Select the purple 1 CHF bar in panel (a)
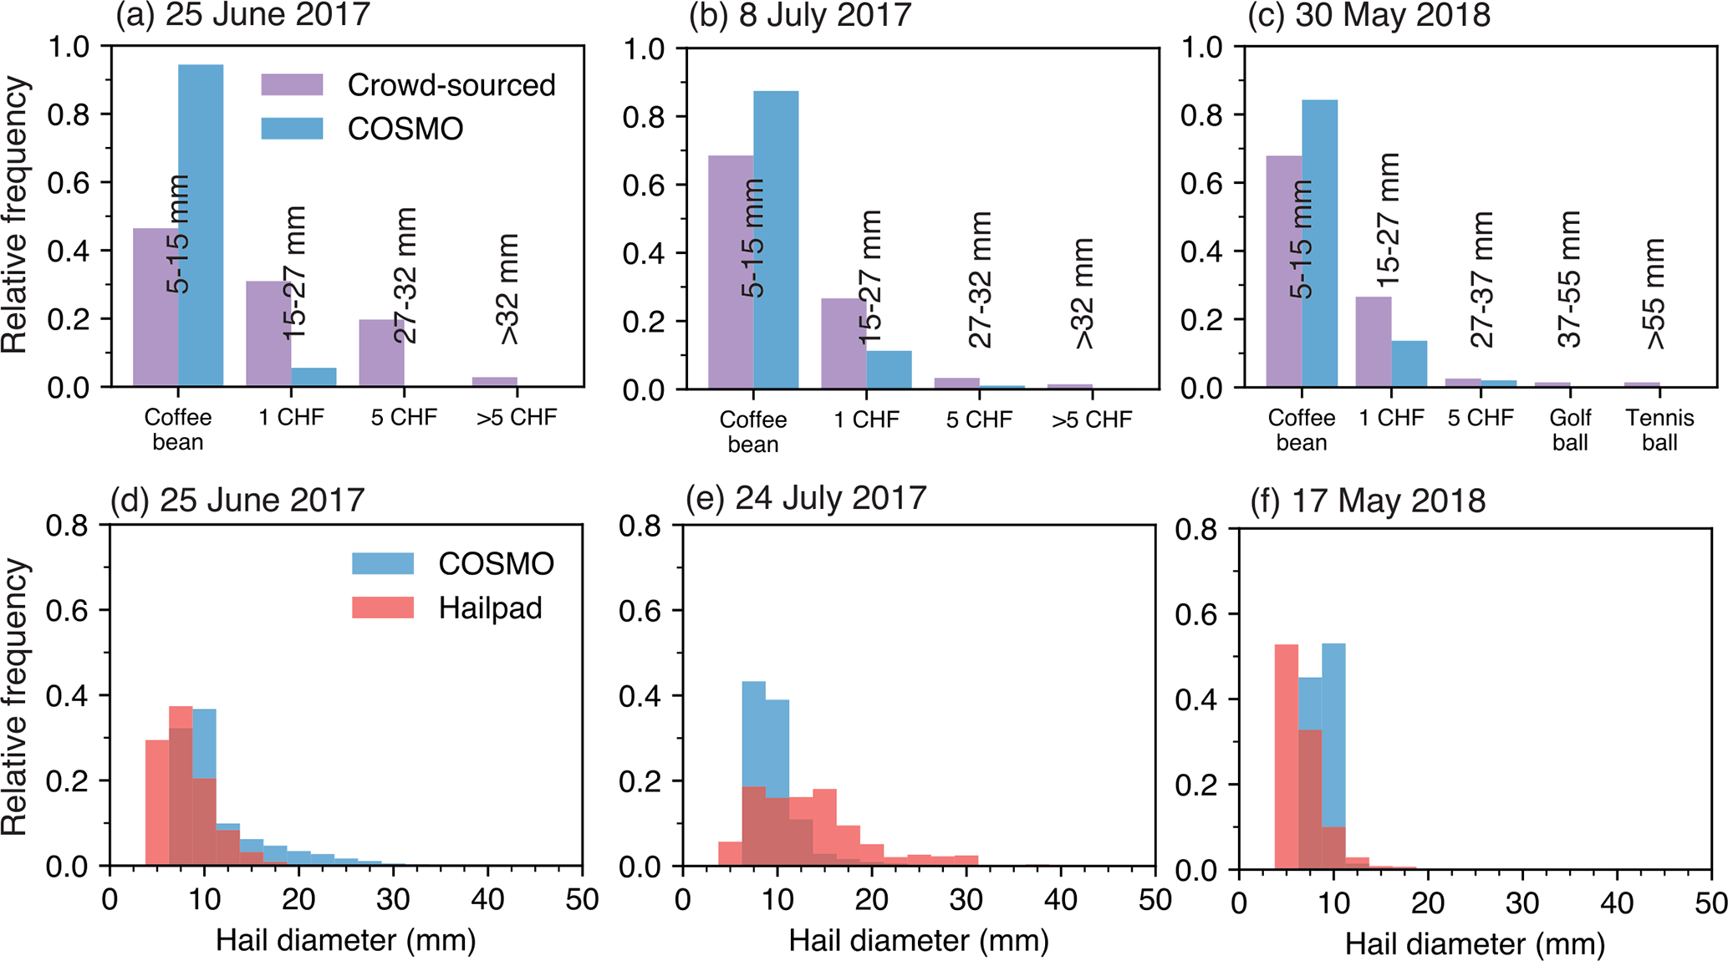[x=268, y=334]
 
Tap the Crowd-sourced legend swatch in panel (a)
[x=292, y=84]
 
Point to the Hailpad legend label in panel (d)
[x=490, y=608]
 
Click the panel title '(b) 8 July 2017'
[x=799, y=16]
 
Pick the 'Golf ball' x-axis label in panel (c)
[x=1569, y=430]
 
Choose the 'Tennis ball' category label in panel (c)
[x=1659, y=430]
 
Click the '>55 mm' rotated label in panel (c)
[x=1655, y=294]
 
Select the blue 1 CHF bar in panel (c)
[x=1409, y=364]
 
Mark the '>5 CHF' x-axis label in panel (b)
[x=1092, y=419]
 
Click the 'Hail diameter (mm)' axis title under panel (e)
[x=919, y=941]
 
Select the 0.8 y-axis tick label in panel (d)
[x=67, y=526]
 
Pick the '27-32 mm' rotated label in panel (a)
[x=405, y=276]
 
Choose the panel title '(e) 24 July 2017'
[x=806, y=498]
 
